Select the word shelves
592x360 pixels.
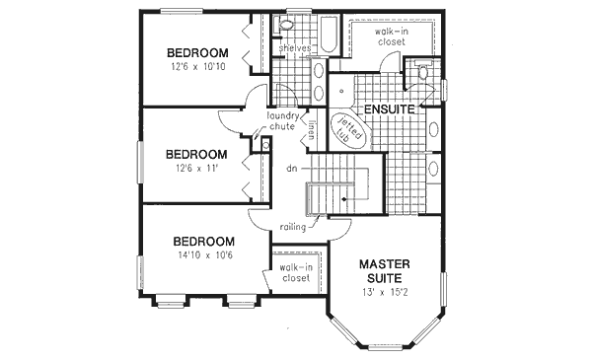click(x=295, y=46)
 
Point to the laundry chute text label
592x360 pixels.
click(x=282, y=121)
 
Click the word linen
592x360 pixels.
click(x=310, y=129)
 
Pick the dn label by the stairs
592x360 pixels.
click(x=292, y=169)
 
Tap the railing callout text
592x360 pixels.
click(x=292, y=227)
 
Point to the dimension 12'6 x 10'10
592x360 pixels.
click(x=197, y=68)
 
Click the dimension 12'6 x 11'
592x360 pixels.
click(x=196, y=170)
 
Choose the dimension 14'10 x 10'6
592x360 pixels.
click(x=203, y=256)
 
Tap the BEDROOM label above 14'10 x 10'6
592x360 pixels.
click(x=203, y=241)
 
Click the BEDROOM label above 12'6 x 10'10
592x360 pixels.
click(x=197, y=52)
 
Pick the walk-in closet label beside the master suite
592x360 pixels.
click(x=294, y=272)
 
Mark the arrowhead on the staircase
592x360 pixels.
click(x=342, y=197)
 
